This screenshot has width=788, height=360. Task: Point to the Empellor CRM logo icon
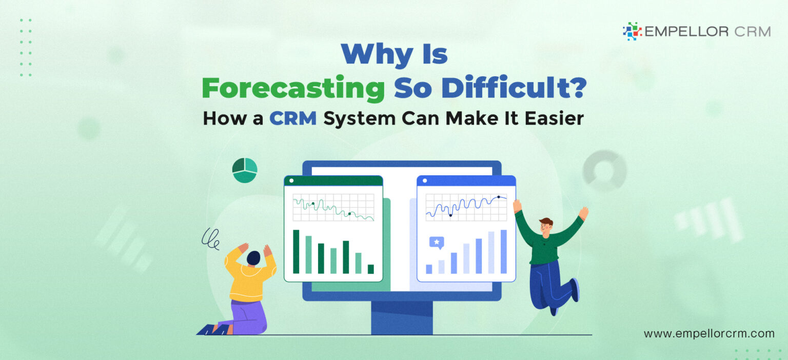pos(632,31)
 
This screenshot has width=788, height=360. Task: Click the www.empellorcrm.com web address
pos(709,333)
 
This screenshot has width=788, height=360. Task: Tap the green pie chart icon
pos(245,170)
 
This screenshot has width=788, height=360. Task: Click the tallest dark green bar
pos(296,251)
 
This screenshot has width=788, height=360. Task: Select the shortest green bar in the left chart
pos(370,269)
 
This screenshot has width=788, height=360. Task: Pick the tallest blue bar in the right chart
pos(503,251)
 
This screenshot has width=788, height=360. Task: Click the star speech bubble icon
pos(437,243)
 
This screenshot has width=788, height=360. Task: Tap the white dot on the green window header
pos(292,181)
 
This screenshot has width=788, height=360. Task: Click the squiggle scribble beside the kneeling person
pos(210,238)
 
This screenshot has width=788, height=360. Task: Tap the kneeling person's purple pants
pos(250,315)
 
